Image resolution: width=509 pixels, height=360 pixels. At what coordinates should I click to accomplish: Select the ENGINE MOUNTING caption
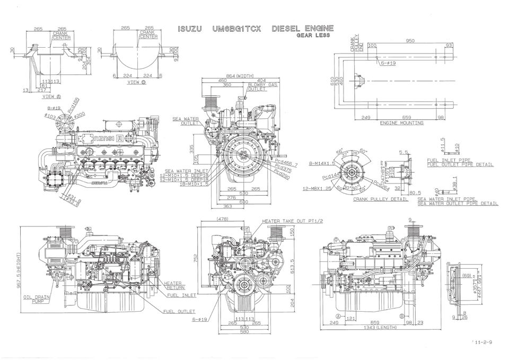[402, 122]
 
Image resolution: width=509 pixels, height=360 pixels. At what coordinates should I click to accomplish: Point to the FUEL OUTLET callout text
[179, 311]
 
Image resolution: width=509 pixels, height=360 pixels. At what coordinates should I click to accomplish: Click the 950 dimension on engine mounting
[410, 41]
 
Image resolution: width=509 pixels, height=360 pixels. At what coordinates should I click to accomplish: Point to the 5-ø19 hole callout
[389, 63]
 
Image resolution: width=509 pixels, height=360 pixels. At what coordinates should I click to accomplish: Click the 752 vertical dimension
[195, 258]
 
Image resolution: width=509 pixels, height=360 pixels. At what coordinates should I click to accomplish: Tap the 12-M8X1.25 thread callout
[317, 188]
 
